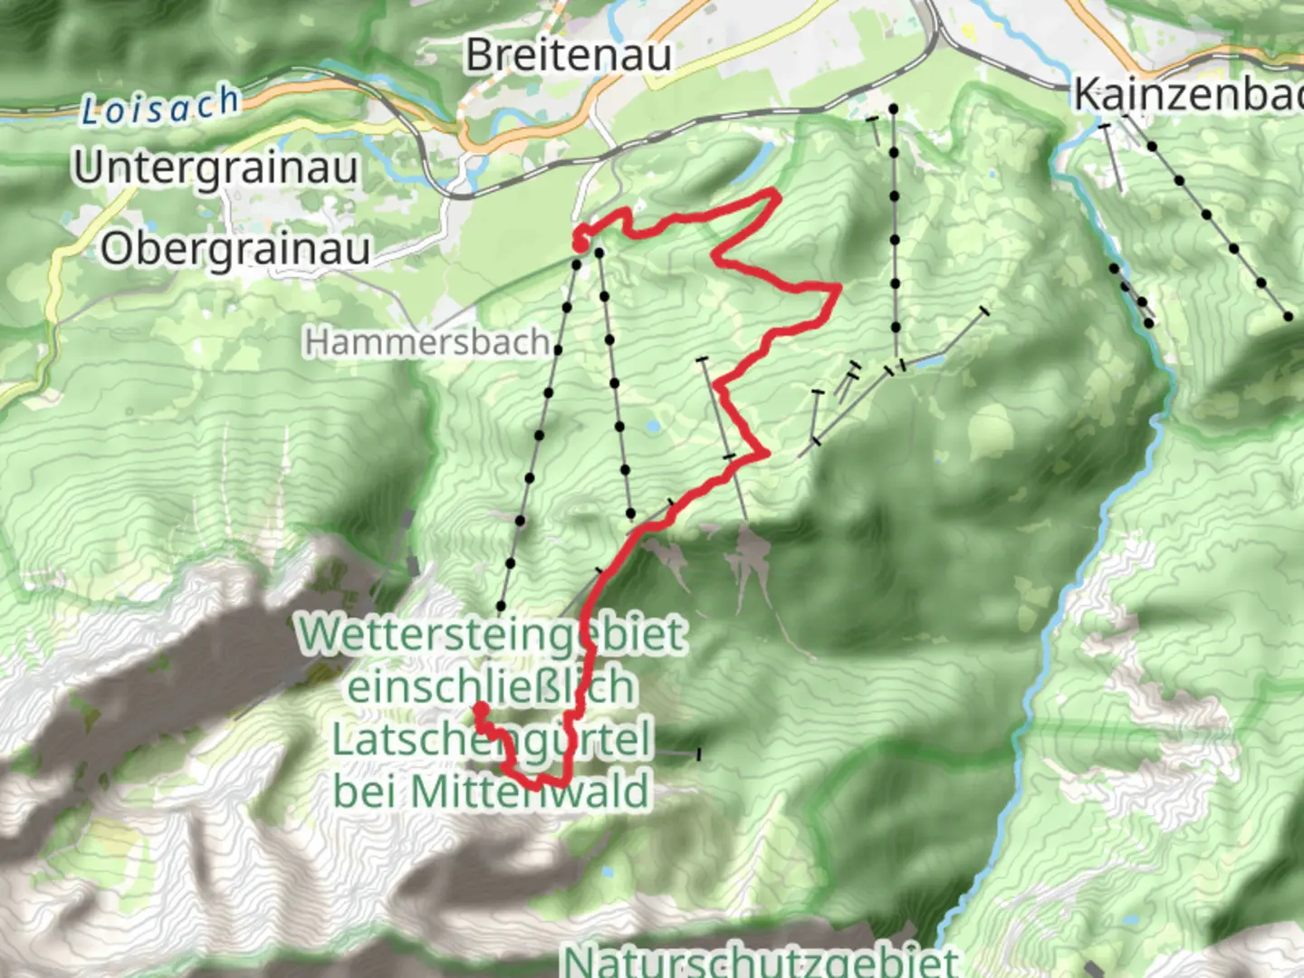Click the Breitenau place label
568,55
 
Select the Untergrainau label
216,168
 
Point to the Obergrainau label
235,248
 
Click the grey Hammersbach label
427,342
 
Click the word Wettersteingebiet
493,634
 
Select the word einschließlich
491,686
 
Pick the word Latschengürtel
492,739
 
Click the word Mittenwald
530,791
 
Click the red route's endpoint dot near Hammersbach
579,242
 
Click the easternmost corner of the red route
838,289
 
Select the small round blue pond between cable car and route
653,424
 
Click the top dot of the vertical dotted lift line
893,109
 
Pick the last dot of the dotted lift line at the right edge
1290,316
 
